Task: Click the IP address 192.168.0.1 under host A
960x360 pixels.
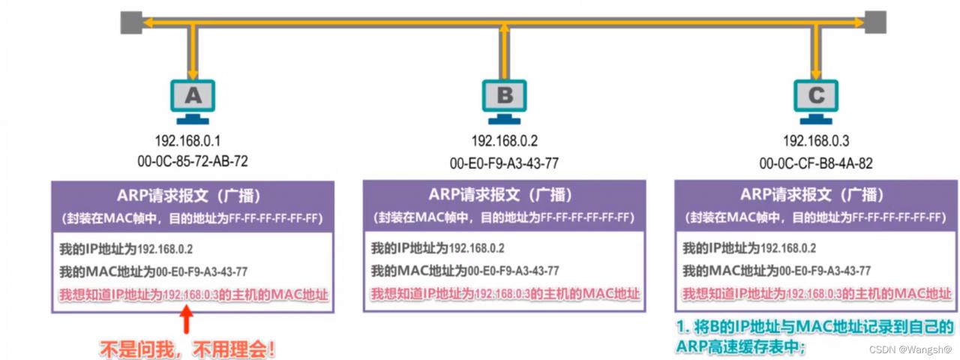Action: [x=187, y=140]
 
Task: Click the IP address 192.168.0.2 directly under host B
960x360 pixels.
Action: [x=505, y=140]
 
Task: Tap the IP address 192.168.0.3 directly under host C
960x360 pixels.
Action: [x=817, y=140]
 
